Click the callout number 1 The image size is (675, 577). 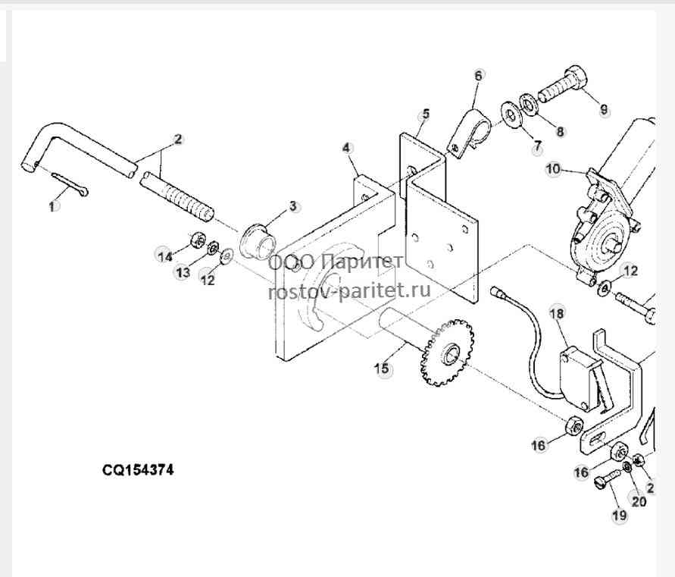point(52,207)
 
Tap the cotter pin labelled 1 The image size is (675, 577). point(70,183)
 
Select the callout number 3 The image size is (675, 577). point(292,206)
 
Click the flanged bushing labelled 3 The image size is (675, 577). point(257,241)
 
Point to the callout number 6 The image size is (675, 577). point(479,75)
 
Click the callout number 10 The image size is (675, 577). point(554,169)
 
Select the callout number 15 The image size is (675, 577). point(382,368)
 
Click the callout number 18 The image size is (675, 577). point(557,313)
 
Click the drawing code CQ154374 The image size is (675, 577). point(138,469)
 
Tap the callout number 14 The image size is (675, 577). point(164,257)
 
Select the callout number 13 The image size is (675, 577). point(183,272)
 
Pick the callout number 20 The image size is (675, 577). point(639,502)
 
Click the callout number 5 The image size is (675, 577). point(426,114)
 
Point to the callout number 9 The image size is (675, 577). point(604,110)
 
